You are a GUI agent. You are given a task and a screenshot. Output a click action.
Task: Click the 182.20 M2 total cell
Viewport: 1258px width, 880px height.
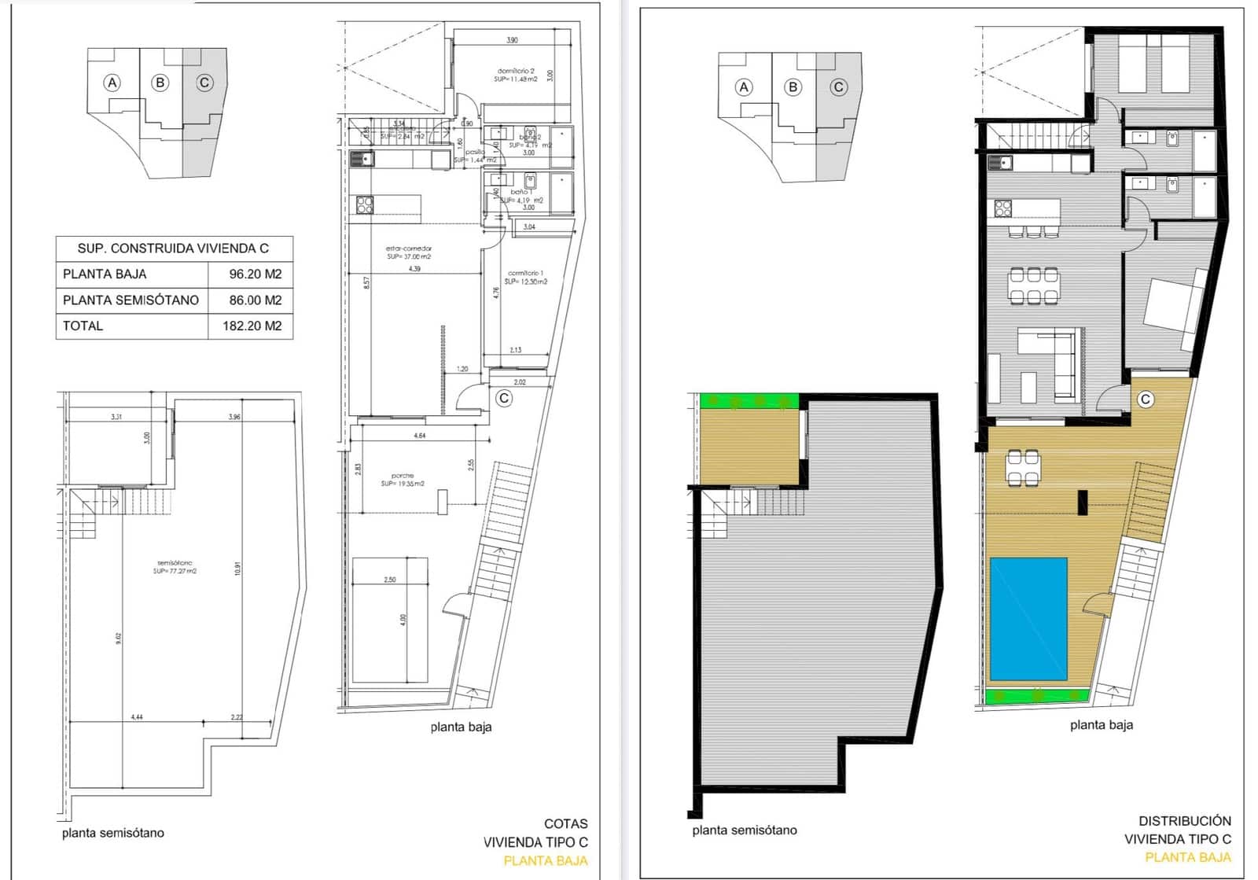click(x=252, y=326)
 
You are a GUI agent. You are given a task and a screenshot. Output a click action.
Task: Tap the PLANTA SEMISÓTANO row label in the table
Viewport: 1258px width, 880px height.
click(x=131, y=300)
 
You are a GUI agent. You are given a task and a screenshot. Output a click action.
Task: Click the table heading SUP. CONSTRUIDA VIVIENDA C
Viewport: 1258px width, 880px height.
click(x=173, y=249)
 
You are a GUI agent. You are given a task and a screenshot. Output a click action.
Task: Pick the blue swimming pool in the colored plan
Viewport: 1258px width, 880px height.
click(x=1028, y=620)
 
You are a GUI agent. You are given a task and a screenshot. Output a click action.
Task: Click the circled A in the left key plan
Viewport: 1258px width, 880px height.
click(x=112, y=83)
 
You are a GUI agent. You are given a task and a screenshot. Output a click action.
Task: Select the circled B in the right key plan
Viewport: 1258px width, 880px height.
click(x=793, y=87)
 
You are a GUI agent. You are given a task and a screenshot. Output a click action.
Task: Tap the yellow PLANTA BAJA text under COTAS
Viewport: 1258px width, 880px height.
click(x=545, y=860)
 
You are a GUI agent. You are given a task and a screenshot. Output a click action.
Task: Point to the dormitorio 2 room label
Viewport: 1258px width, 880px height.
click(x=516, y=72)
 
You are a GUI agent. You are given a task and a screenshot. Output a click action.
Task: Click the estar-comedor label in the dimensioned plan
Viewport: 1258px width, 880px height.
click(x=409, y=249)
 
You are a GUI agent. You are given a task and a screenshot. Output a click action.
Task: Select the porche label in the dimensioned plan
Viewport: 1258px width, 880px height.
click(x=403, y=476)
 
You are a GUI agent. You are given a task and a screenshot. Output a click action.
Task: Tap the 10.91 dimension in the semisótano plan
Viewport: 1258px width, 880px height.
click(x=237, y=569)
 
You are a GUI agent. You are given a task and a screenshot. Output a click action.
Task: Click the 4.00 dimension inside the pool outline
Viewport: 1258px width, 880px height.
click(x=404, y=620)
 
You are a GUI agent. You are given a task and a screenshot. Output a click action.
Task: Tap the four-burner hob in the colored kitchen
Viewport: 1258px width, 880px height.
click(x=1003, y=208)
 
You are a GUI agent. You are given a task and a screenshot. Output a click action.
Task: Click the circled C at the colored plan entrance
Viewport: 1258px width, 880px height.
click(x=1146, y=399)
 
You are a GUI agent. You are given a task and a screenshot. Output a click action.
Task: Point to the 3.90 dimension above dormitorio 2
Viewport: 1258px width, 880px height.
click(x=512, y=40)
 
